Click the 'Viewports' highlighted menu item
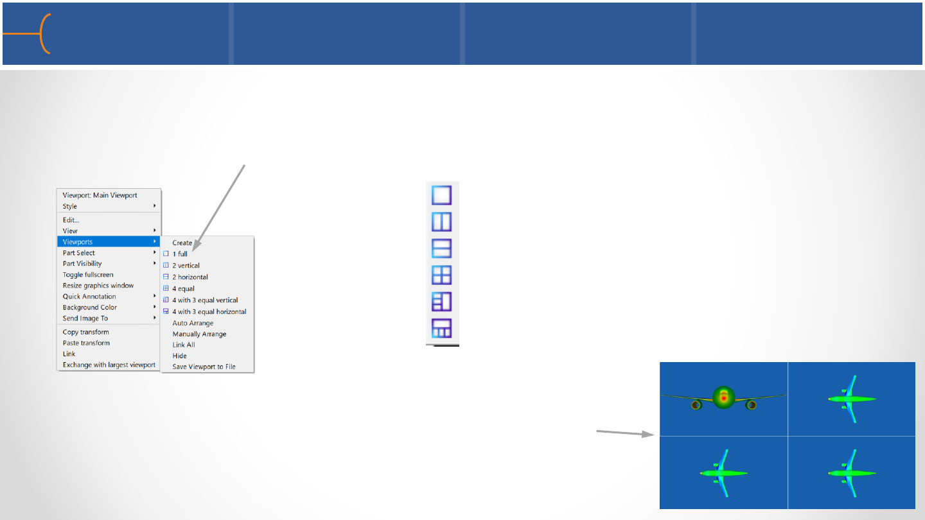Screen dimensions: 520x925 tap(78, 242)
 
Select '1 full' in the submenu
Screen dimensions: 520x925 tap(180, 254)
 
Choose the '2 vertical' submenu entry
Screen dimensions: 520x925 tap(186, 266)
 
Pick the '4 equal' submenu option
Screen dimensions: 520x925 tap(183, 289)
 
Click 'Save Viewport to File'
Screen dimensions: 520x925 tap(204, 367)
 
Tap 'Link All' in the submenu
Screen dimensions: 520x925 tap(184, 345)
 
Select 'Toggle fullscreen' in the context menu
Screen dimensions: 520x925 tap(88, 275)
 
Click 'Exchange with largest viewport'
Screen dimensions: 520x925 tap(109, 365)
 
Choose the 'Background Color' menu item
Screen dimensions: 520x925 tap(90, 308)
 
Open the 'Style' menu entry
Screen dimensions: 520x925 tap(70, 207)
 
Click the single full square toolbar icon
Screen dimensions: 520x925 tap(442, 195)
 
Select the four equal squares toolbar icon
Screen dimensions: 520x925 tap(442, 275)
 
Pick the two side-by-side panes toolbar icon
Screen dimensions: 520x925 tap(442, 222)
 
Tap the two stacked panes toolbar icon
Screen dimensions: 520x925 tap(442, 248)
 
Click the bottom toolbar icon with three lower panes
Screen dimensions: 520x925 tap(442, 328)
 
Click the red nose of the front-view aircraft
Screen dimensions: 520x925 tap(723, 398)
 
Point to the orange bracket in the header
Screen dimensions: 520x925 tap(44, 34)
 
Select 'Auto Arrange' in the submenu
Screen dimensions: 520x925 tap(193, 323)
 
